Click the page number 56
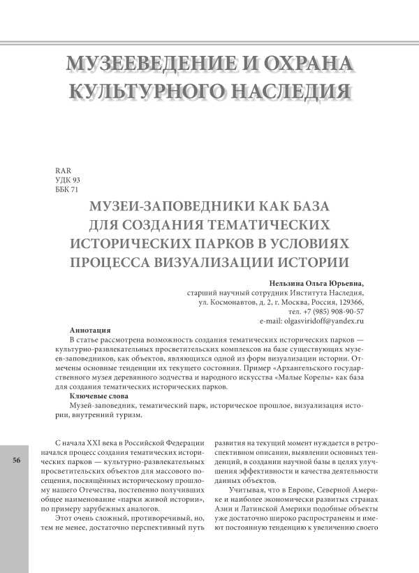coord(15,461)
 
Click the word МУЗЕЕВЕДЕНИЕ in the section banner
coord(151,64)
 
